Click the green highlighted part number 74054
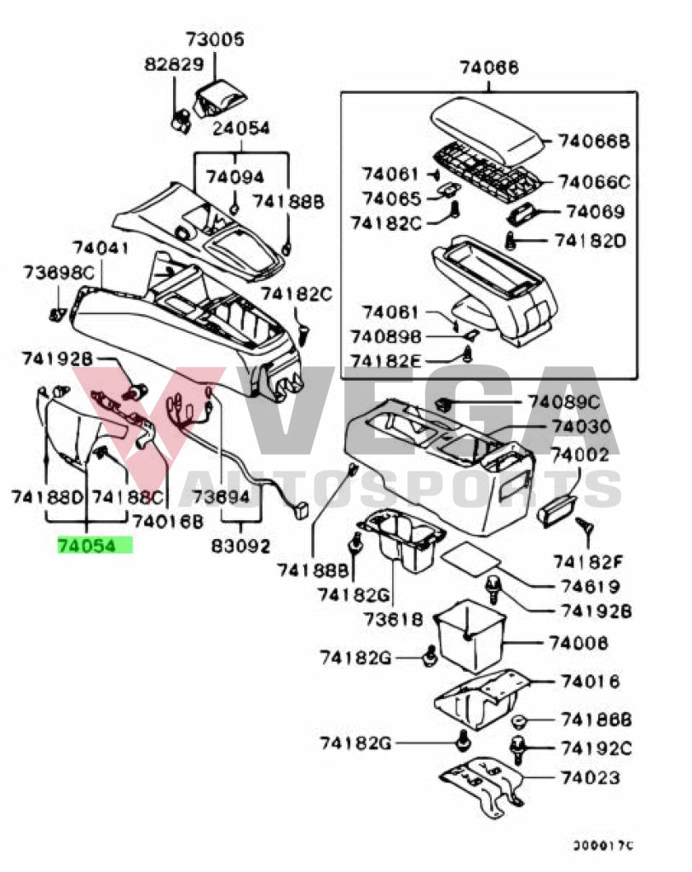coord(94,545)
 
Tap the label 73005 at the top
coord(215,39)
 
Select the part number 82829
coord(173,65)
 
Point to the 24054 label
coord(241,129)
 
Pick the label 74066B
coord(594,141)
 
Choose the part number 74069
coord(595,212)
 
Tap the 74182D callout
coord(590,241)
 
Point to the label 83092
coord(241,545)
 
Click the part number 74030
coord(580,427)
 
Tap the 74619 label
coord(589,586)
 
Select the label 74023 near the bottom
coord(589,777)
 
